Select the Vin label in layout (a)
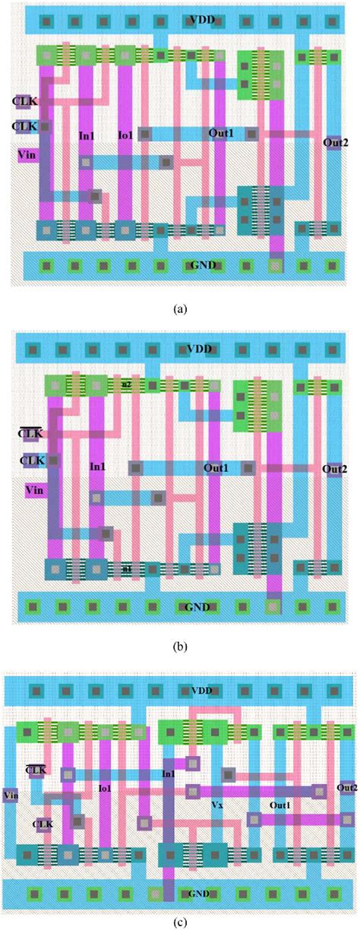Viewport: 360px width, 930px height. [x=26, y=155]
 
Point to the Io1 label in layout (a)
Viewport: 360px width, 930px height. [x=126, y=135]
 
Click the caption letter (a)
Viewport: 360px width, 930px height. [x=180, y=309]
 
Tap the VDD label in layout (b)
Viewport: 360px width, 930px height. [x=199, y=350]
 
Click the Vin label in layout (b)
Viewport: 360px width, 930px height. [x=34, y=489]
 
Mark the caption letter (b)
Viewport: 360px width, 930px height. [x=180, y=647]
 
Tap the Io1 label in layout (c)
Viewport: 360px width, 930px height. [x=105, y=789]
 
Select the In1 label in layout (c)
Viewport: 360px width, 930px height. [x=168, y=773]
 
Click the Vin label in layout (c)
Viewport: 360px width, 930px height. [x=11, y=796]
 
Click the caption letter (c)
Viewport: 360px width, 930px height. [x=180, y=922]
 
